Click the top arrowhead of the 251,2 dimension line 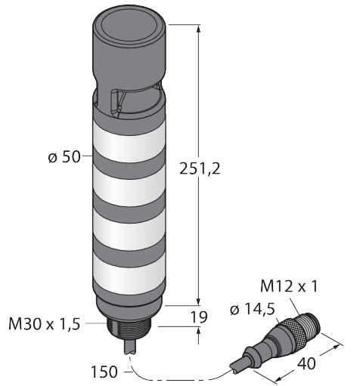(x=198, y=28)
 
